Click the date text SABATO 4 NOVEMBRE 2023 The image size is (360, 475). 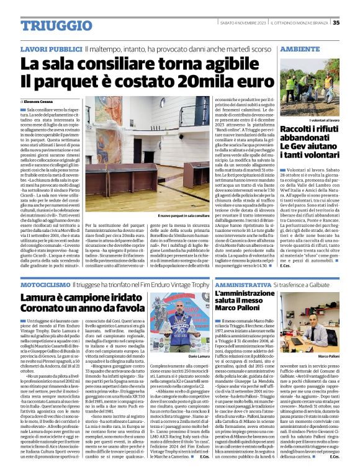click(242, 23)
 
